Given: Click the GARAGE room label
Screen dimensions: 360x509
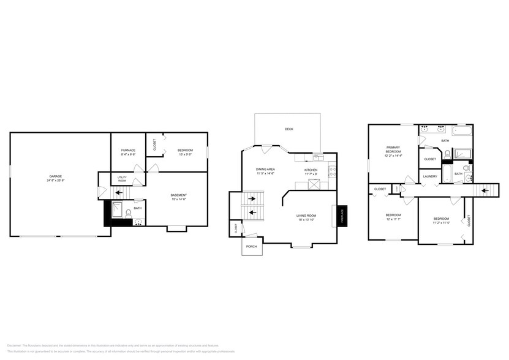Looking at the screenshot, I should point(56,176).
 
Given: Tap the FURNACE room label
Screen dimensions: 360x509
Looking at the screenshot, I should point(128,150).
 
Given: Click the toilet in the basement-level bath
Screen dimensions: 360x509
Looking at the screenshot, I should point(128,214).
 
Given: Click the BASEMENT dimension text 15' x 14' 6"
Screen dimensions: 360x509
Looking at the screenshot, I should point(178,199).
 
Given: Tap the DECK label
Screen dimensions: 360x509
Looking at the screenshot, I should point(288,129).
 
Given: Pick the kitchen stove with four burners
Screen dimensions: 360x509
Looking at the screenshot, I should point(332,171).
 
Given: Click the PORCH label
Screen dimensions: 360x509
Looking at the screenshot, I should point(251,246).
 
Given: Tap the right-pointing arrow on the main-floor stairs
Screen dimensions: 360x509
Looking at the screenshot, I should point(252,198).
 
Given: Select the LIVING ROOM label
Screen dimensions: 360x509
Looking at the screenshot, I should point(306,215).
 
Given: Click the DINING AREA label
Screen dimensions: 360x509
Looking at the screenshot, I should point(265,169).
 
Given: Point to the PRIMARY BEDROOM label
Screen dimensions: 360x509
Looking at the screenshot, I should point(393,149).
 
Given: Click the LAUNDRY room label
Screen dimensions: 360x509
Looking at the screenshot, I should point(429,177).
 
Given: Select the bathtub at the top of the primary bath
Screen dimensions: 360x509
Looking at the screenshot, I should point(462,130).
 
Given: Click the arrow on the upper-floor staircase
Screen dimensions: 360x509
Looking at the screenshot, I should point(485,190).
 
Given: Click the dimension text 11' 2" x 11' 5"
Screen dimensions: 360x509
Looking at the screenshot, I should point(441,223).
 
